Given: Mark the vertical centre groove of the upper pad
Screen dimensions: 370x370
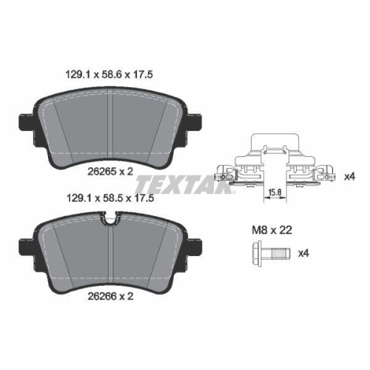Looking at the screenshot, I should (x=110, y=126).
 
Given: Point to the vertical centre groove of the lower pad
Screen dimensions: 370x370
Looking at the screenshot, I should (x=110, y=255).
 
